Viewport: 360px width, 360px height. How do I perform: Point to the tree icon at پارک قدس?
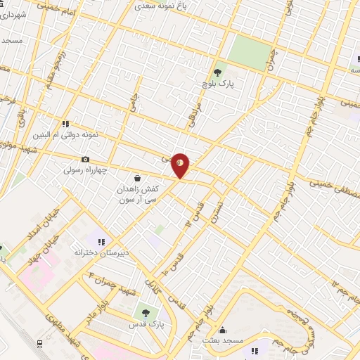(146, 312)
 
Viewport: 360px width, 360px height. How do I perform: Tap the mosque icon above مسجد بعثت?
(223, 330)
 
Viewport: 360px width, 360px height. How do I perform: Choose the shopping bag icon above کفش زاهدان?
(136, 179)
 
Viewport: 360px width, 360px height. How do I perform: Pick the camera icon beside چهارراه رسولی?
(86, 160)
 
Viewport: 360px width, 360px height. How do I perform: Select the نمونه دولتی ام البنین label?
(65, 134)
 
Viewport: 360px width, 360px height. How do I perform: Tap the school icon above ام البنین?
(66, 123)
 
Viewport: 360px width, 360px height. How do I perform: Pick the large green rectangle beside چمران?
(250, 50)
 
